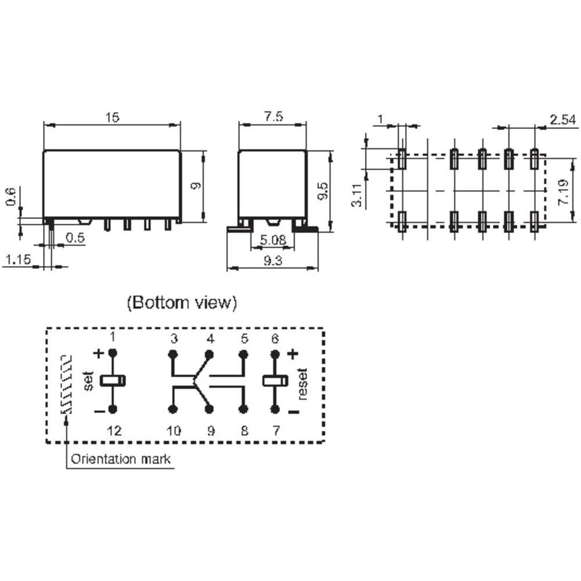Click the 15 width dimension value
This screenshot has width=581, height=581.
112,117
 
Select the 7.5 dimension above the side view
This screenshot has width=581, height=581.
274,116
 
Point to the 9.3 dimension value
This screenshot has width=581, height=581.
272,260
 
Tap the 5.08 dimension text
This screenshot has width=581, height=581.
273,240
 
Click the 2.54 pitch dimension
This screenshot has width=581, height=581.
563,120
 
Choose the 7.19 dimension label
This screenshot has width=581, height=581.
563,192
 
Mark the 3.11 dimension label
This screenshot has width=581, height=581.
357,195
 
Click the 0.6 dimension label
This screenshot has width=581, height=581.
10,197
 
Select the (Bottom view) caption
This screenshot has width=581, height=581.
182,303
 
